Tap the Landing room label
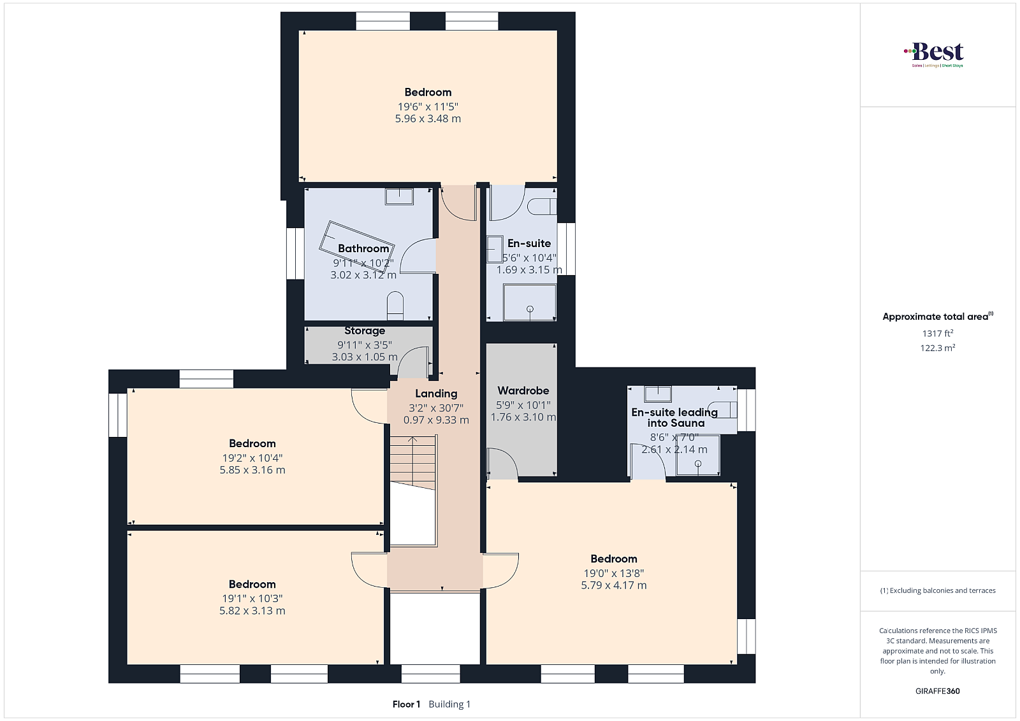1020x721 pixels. point(436,394)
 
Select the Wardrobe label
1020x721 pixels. point(523,390)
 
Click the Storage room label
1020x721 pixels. point(365,331)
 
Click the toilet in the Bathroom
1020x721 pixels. point(395,305)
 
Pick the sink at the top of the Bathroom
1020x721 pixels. point(399,197)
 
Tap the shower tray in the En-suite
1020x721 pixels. point(530,303)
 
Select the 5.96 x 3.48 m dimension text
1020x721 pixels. point(428,118)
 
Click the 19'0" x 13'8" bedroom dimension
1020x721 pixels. point(614,573)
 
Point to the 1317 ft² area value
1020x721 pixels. point(938,333)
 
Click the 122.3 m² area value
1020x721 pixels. point(938,348)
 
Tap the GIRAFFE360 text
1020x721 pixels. point(938,691)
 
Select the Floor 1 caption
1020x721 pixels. point(406,704)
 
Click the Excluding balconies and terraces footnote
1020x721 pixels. point(938,590)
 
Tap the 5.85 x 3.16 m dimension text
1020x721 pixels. point(252,470)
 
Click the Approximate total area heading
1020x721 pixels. point(938,316)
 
